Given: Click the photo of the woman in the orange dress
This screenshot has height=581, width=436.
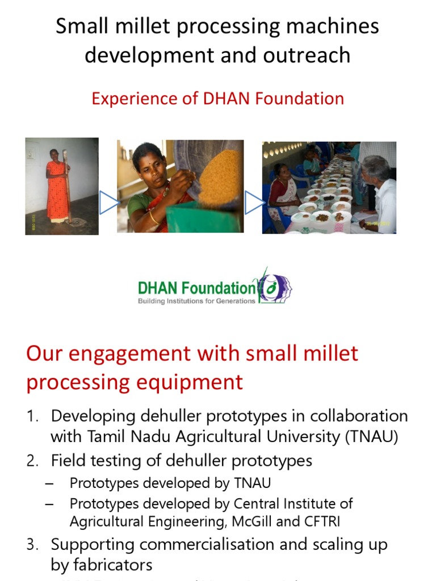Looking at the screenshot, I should pos(62,186).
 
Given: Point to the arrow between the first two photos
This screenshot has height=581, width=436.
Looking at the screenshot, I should pos(108,203).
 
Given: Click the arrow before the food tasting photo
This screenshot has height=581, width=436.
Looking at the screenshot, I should pos(254,203).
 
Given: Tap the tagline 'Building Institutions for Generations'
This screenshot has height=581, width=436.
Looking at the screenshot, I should pos(197,301).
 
